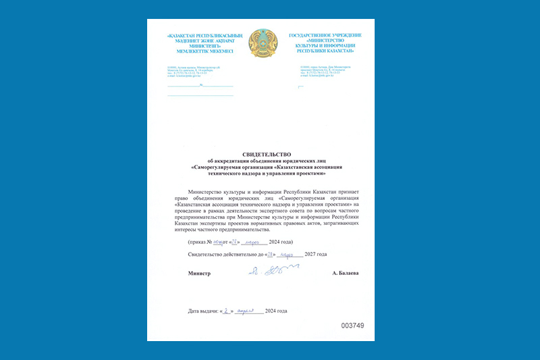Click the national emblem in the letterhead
pos(263,43)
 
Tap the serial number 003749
pos(352,326)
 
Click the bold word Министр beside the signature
pos(200,274)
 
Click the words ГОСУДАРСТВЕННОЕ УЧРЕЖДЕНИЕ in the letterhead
pos(325,35)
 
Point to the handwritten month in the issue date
pos(248,311)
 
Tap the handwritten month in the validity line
pos(290,254)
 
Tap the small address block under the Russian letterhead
pos(324,71)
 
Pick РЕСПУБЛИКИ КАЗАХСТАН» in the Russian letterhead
pos(325,51)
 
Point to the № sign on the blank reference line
pos(200,86)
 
